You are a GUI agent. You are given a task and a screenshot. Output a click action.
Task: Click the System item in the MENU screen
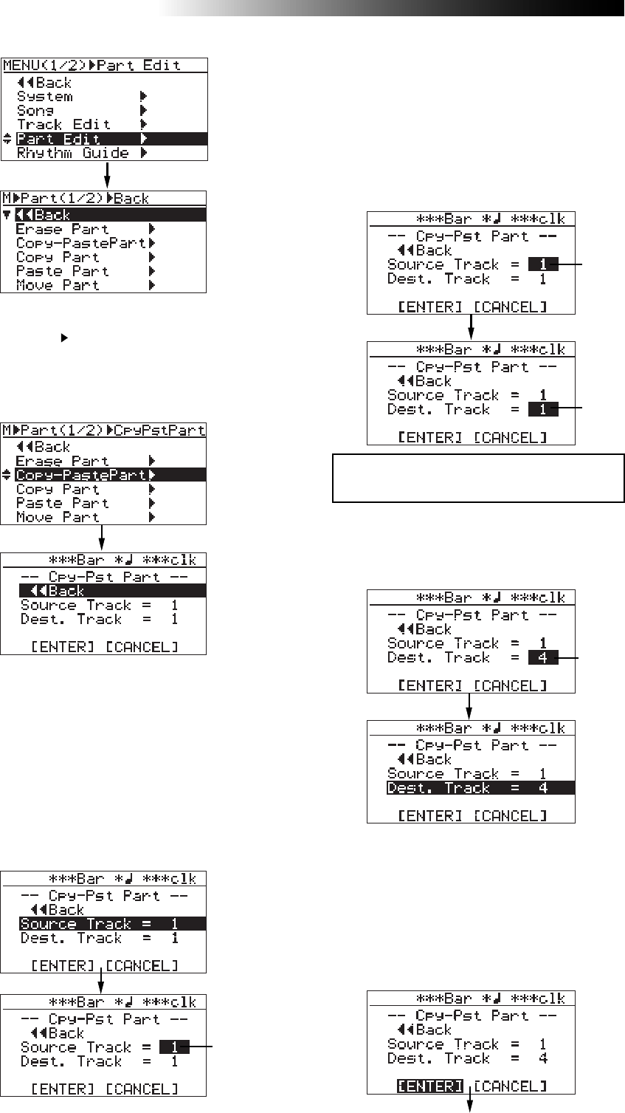[45, 97]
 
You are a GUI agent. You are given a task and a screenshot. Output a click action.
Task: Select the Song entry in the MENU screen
[35, 111]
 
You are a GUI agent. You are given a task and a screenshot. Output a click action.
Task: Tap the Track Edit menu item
[64, 125]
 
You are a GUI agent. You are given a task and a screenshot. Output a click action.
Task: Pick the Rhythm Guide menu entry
[73, 153]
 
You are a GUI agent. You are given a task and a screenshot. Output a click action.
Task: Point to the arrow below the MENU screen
[107, 175]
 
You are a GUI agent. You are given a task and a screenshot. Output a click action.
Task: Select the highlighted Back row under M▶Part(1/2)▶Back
[103, 215]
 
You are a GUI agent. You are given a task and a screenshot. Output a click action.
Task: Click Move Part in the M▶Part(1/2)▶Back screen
[58, 285]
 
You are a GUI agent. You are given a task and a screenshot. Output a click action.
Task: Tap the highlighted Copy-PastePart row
[103, 475]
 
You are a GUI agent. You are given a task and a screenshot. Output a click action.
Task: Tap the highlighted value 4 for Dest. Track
[543, 658]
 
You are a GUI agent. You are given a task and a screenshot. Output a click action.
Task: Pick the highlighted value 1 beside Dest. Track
[543, 409]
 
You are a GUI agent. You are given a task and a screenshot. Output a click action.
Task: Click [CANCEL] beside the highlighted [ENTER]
[510, 1086]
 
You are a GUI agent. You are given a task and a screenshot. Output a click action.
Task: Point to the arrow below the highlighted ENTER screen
[469, 1102]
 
